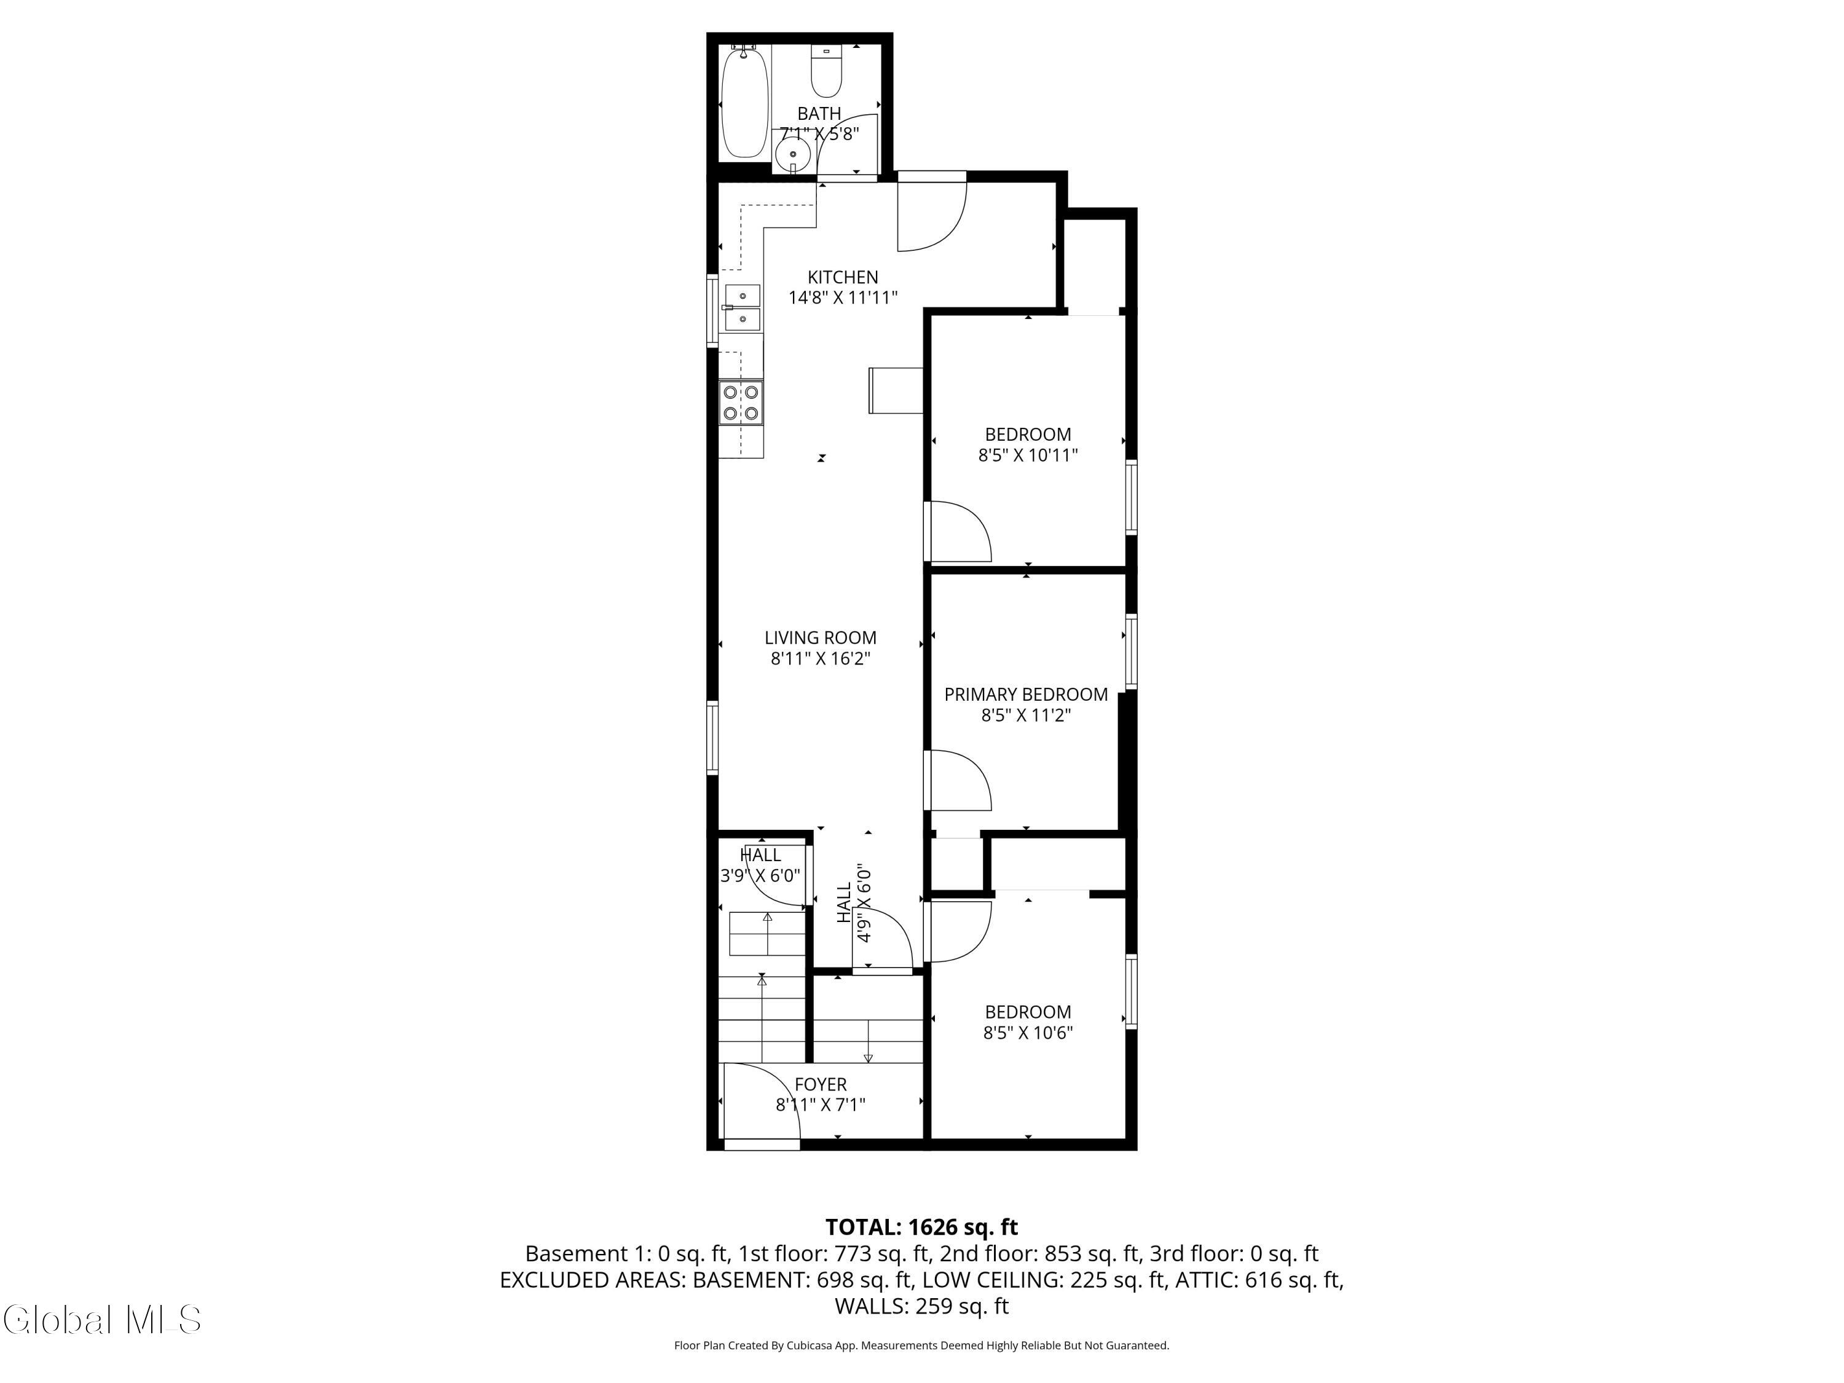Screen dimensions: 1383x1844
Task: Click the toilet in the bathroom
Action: tap(826, 73)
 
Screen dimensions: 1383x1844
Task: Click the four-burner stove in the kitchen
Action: tap(741, 403)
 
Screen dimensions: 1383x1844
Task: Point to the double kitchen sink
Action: tap(742, 307)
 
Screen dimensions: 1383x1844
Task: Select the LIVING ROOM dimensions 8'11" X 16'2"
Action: tap(821, 658)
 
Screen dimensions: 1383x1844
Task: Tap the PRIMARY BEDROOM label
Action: tap(1025, 695)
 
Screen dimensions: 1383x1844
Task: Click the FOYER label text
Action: tap(821, 1084)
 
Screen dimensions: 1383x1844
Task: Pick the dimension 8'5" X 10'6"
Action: tap(1027, 1033)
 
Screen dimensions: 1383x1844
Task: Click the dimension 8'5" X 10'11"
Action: tap(1027, 455)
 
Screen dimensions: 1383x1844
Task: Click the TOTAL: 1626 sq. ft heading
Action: tap(921, 1227)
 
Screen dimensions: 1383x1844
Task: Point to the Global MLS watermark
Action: tap(101, 1320)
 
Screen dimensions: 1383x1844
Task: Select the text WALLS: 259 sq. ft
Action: tap(921, 1306)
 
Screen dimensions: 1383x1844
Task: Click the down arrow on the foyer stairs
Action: tap(868, 1057)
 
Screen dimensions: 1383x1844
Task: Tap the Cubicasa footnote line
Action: tap(921, 1345)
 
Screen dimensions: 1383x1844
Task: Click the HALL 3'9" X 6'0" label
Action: tap(760, 865)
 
